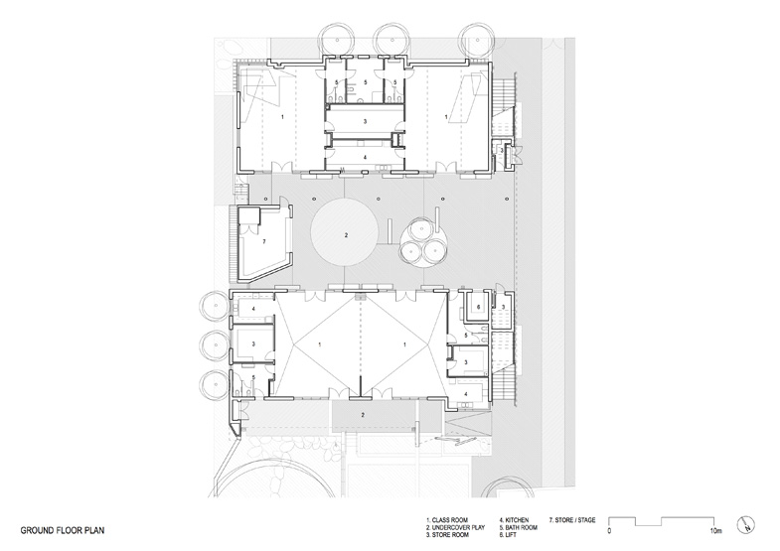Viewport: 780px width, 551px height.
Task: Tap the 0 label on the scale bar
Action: (x=609, y=531)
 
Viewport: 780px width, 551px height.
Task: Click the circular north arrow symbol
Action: (x=747, y=523)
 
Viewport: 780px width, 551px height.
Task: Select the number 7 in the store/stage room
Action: (x=263, y=241)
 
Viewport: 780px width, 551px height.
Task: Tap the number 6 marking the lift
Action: (x=478, y=309)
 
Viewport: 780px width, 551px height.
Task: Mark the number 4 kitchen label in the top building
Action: (x=365, y=157)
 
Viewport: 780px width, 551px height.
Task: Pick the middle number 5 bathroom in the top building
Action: (x=365, y=82)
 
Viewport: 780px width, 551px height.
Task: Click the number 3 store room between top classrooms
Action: (x=365, y=120)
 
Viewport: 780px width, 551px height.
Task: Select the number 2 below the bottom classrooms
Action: (x=364, y=413)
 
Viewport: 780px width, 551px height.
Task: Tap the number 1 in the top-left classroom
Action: (x=282, y=117)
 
